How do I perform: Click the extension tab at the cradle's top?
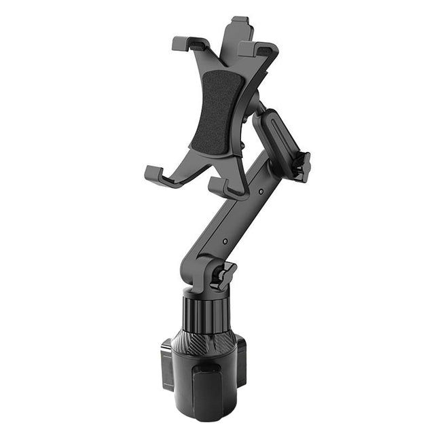pos(239,24)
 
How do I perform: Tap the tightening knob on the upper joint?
pos(301,166)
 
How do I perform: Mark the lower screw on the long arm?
pos(225,241)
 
